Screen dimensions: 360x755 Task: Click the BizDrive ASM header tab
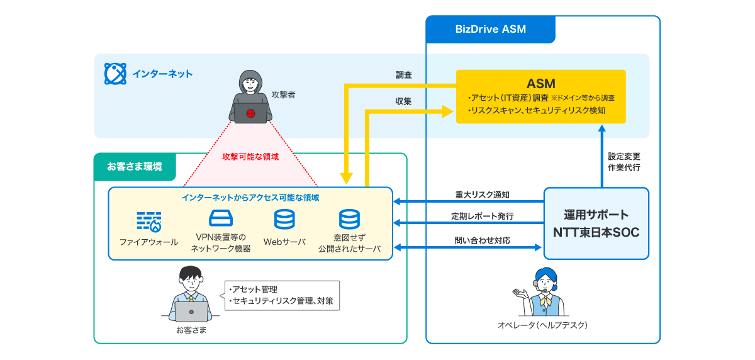click(490, 30)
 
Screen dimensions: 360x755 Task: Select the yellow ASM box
click(540, 96)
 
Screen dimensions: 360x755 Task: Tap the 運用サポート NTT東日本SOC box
click(596, 223)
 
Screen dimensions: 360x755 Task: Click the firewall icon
click(149, 222)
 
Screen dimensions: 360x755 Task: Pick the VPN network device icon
click(220, 219)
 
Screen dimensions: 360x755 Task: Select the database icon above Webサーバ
click(284, 220)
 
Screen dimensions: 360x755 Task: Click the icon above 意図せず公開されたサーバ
click(349, 219)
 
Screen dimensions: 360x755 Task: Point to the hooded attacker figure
click(251, 94)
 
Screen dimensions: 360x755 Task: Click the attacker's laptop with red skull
click(251, 114)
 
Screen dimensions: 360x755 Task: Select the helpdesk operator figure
click(542, 293)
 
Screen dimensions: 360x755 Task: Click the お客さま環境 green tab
click(135, 167)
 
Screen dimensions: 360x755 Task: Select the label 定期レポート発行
click(482, 216)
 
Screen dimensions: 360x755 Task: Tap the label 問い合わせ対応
click(482, 240)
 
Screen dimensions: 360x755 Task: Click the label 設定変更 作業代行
click(624, 162)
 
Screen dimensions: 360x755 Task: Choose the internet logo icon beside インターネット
click(115, 74)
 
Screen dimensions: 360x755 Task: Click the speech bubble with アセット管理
click(281, 296)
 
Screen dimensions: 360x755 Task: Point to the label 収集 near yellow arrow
click(403, 101)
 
